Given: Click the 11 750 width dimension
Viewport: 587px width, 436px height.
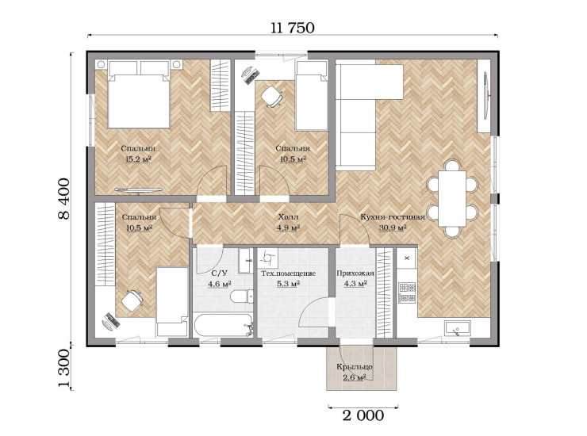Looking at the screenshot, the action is tap(293, 28).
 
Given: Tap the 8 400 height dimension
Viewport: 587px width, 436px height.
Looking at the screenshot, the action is tap(64, 199).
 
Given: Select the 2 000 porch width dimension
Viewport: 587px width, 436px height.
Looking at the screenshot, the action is tap(363, 415).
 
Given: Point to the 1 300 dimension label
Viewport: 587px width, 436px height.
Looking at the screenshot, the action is tap(64, 369).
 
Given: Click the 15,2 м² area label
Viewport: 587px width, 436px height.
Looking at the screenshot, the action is tap(138, 159).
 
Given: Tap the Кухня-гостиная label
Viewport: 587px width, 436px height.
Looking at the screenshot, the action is tap(393, 217).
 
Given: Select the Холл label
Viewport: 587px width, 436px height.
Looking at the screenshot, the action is tap(288, 217).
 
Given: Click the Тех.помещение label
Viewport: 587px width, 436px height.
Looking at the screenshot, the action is tap(288, 273).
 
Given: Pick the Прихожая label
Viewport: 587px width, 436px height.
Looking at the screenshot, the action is tap(355, 273).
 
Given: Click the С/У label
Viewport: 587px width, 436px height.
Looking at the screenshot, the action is tap(220, 273).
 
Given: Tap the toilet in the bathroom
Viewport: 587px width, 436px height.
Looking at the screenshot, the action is tap(241, 296).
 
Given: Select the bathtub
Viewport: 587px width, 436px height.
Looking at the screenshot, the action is tap(224, 326).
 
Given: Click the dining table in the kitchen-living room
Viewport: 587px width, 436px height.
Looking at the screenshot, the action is tap(453, 198).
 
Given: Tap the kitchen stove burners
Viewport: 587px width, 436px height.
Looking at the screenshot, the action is tap(407, 293).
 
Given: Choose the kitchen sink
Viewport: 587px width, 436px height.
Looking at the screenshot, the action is tap(458, 329).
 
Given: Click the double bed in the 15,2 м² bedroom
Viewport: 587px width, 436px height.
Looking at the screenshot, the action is tap(139, 94).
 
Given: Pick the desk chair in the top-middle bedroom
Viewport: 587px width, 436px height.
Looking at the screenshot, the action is tap(271, 97).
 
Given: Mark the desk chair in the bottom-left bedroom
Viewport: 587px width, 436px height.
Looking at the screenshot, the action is tap(132, 300).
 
